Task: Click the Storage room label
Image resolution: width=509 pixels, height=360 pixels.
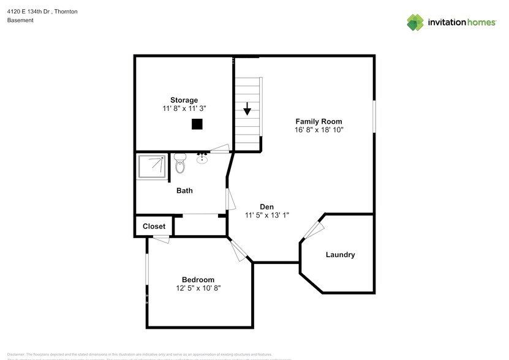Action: pyautogui.click(x=184, y=100)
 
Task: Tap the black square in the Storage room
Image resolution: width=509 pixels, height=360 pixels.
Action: pyautogui.click(x=197, y=124)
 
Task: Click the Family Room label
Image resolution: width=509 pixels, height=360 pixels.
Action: pyautogui.click(x=319, y=121)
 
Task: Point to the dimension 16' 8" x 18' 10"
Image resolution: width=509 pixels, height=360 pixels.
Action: pyautogui.click(x=319, y=130)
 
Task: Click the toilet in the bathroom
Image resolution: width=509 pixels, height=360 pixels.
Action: pyautogui.click(x=179, y=164)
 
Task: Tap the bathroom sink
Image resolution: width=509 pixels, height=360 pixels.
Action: pyautogui.click(x=202, y=160)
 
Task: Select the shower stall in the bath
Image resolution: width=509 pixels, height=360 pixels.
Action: pyautogui.click(x=151, y=166)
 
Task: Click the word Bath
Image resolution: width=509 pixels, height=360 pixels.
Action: pyautogui.click(x=184, y=190)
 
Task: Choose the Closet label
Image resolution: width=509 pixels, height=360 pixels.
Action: pyautogui.click(x=154, y=226)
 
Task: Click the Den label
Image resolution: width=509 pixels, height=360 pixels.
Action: pyautogui.click(x=266, y=207)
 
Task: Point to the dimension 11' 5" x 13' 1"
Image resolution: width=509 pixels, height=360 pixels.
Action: pyautogui.click(x=266, y=216)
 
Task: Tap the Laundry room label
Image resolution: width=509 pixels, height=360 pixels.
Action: pyautogui.click(x=340, y=255)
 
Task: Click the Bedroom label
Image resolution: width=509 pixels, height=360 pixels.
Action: pyautogui.click(x=198, y=280)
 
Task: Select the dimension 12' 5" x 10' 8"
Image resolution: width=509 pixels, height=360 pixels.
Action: pyautogui.click(x=198, y=288)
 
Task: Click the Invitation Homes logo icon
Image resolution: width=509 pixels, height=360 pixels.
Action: pyautogui.click(x=415, y=22)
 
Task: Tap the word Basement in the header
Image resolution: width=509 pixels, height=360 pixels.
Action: pyautogui.click(x=20, y=20)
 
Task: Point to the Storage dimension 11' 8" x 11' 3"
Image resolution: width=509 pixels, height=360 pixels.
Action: pyautogui.click(x=184, y=108)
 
